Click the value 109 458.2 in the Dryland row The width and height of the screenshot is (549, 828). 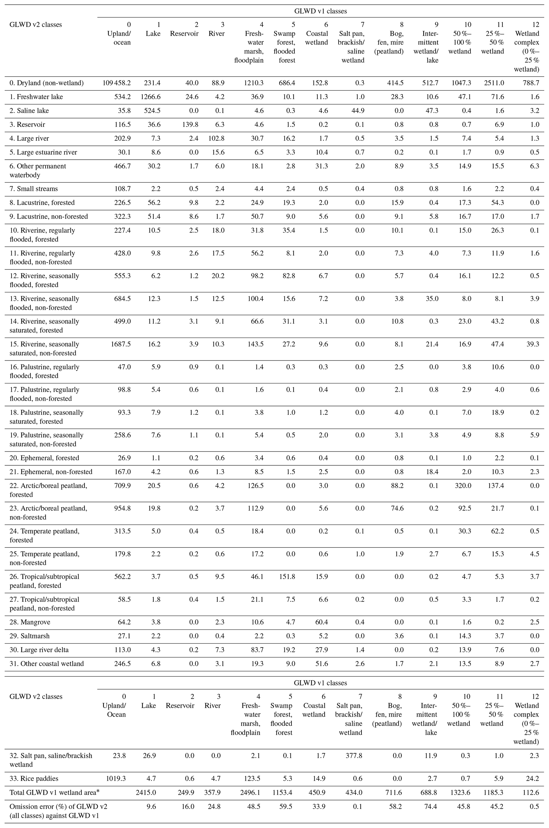tap(117, 83)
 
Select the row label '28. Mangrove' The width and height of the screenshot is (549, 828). tap(30, 622)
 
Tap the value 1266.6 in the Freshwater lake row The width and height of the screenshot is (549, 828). tap(153, 97)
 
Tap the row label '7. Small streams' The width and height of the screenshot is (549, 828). tap(34, 189)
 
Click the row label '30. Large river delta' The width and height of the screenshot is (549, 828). tap(39, 650)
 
